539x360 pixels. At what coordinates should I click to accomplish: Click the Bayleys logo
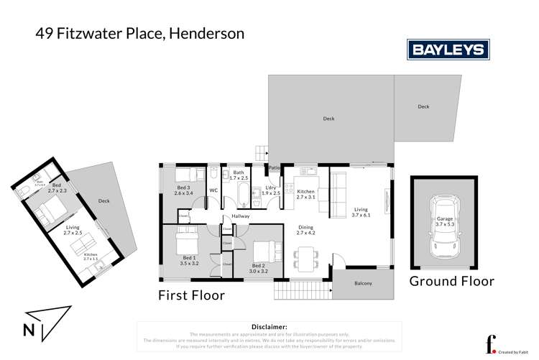pos(448,50)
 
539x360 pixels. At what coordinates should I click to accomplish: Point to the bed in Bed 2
pos(264,253)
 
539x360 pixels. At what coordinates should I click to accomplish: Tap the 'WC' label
pos(213,190)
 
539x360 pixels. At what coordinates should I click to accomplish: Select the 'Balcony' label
pos(364,283)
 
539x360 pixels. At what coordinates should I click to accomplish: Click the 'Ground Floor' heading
pos(451,281)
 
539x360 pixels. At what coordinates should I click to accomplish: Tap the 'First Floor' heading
pos(192,295)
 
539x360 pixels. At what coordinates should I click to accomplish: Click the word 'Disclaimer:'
pos(269,326)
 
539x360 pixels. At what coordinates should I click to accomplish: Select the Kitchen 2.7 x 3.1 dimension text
pos(306,195)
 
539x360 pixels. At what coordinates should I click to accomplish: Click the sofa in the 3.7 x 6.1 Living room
pos(338,190)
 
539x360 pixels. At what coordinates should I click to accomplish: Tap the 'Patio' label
pos(274,169)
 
